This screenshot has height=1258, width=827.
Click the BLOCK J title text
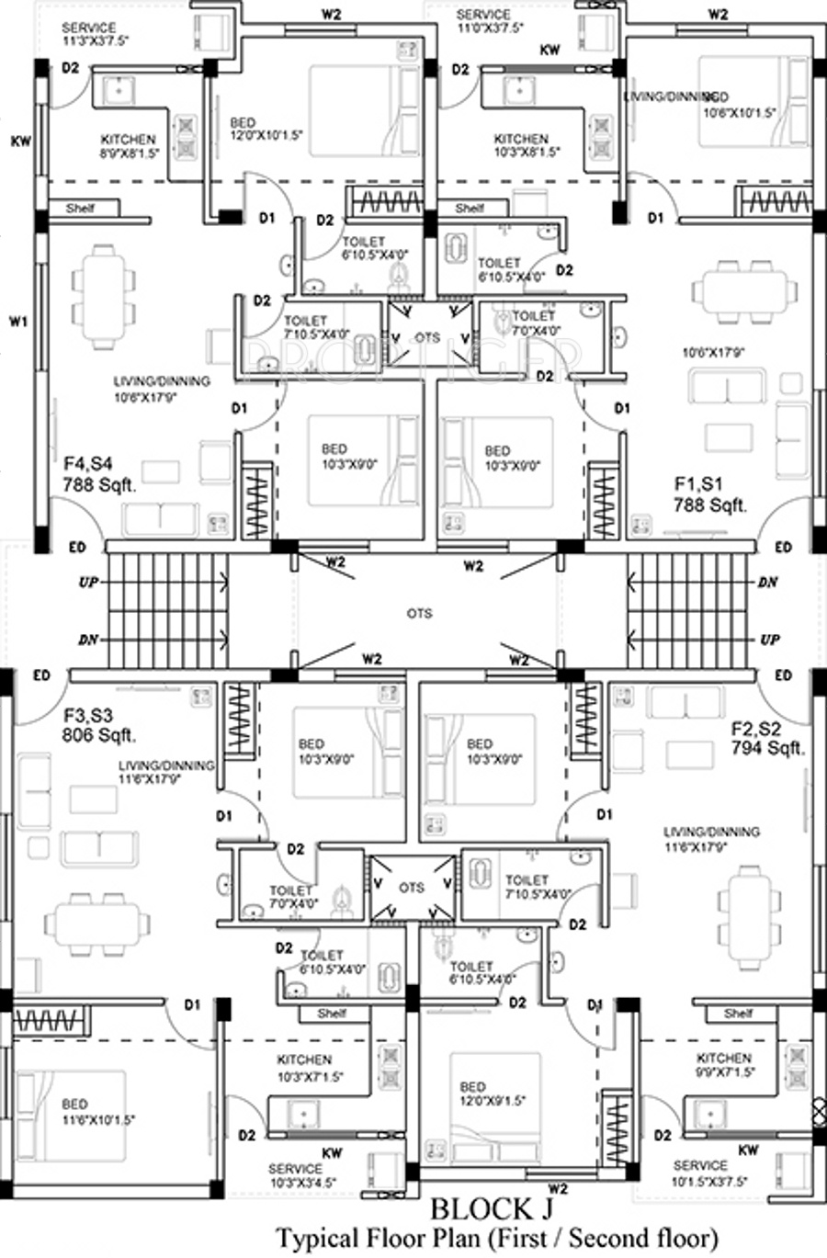pos(493,1207)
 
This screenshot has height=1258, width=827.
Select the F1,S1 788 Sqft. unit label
pos(710,494)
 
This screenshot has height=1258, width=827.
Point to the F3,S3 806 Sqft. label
pos(99,725)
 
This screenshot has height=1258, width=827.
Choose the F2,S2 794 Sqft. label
pos(767,738)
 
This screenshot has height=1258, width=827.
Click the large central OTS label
pos(419,613)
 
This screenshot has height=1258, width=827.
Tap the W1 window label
pos(18,322)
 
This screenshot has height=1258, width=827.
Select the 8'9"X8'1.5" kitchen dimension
pos(130,153)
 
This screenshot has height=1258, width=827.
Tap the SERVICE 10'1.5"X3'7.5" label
pos(709,1173)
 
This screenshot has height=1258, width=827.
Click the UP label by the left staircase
pos(88,583)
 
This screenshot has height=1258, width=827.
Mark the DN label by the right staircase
pos(769,583)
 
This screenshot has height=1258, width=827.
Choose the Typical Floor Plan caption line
pos(497,1239)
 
